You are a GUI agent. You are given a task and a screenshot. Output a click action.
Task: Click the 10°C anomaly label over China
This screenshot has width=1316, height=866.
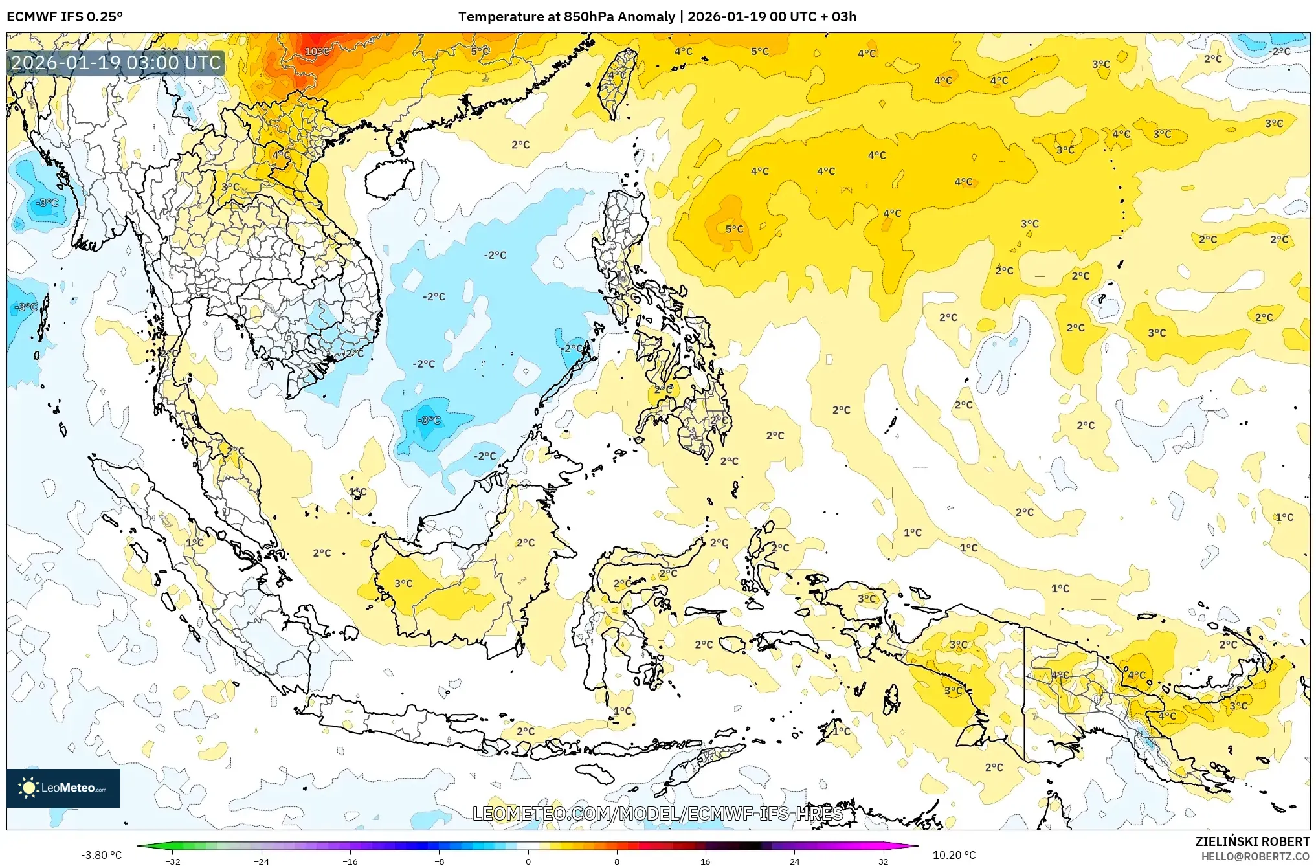click(317, 51)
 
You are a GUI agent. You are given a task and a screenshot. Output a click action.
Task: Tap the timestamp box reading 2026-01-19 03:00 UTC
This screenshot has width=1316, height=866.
click(117, 63)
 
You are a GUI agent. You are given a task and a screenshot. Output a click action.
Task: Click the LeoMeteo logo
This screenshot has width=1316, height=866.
click(63, 788)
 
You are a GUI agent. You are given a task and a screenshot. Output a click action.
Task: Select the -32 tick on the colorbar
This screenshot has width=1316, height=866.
click(173, 861)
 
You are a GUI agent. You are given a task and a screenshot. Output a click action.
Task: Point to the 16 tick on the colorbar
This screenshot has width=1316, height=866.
click(706, 861)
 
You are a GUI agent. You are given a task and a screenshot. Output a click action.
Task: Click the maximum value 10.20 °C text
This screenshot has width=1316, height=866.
click(954, 855)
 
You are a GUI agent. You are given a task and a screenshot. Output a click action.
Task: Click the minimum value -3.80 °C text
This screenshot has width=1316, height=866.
click(101, 855)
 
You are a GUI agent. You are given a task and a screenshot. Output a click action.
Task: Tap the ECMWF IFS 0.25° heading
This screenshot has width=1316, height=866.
click(65, 17)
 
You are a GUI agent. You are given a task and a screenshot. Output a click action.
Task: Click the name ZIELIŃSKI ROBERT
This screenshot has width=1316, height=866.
click(1252, 841)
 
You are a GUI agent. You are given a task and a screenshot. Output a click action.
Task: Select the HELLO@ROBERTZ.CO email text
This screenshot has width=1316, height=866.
click(1255, 856)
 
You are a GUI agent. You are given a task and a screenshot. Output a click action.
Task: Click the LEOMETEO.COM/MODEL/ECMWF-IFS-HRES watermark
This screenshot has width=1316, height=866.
click(657, 814)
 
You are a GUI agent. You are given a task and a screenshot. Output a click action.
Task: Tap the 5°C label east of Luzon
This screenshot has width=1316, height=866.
click(734, 229)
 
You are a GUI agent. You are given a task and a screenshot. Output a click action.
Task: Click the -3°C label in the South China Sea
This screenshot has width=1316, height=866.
click(429, 420)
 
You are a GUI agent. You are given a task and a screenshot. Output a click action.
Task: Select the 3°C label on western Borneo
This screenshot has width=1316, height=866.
click(403, 583)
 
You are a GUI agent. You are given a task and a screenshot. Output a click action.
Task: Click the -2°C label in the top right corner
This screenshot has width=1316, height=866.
click(1279, 51)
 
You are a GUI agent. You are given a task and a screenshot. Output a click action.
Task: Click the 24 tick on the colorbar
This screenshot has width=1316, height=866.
click(794, 861)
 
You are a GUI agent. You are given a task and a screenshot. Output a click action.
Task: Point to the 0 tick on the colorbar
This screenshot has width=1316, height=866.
click(528, 861)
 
